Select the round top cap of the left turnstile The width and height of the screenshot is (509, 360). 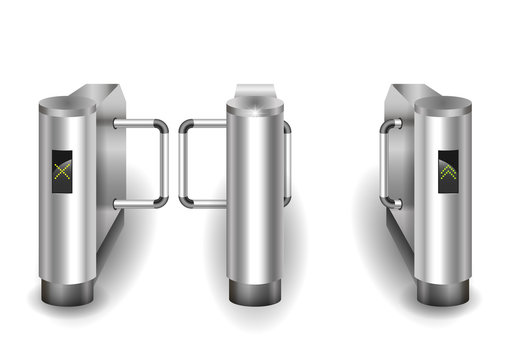click(x=67, y=103)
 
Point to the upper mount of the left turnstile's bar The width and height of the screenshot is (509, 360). click(x=119, y=123)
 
